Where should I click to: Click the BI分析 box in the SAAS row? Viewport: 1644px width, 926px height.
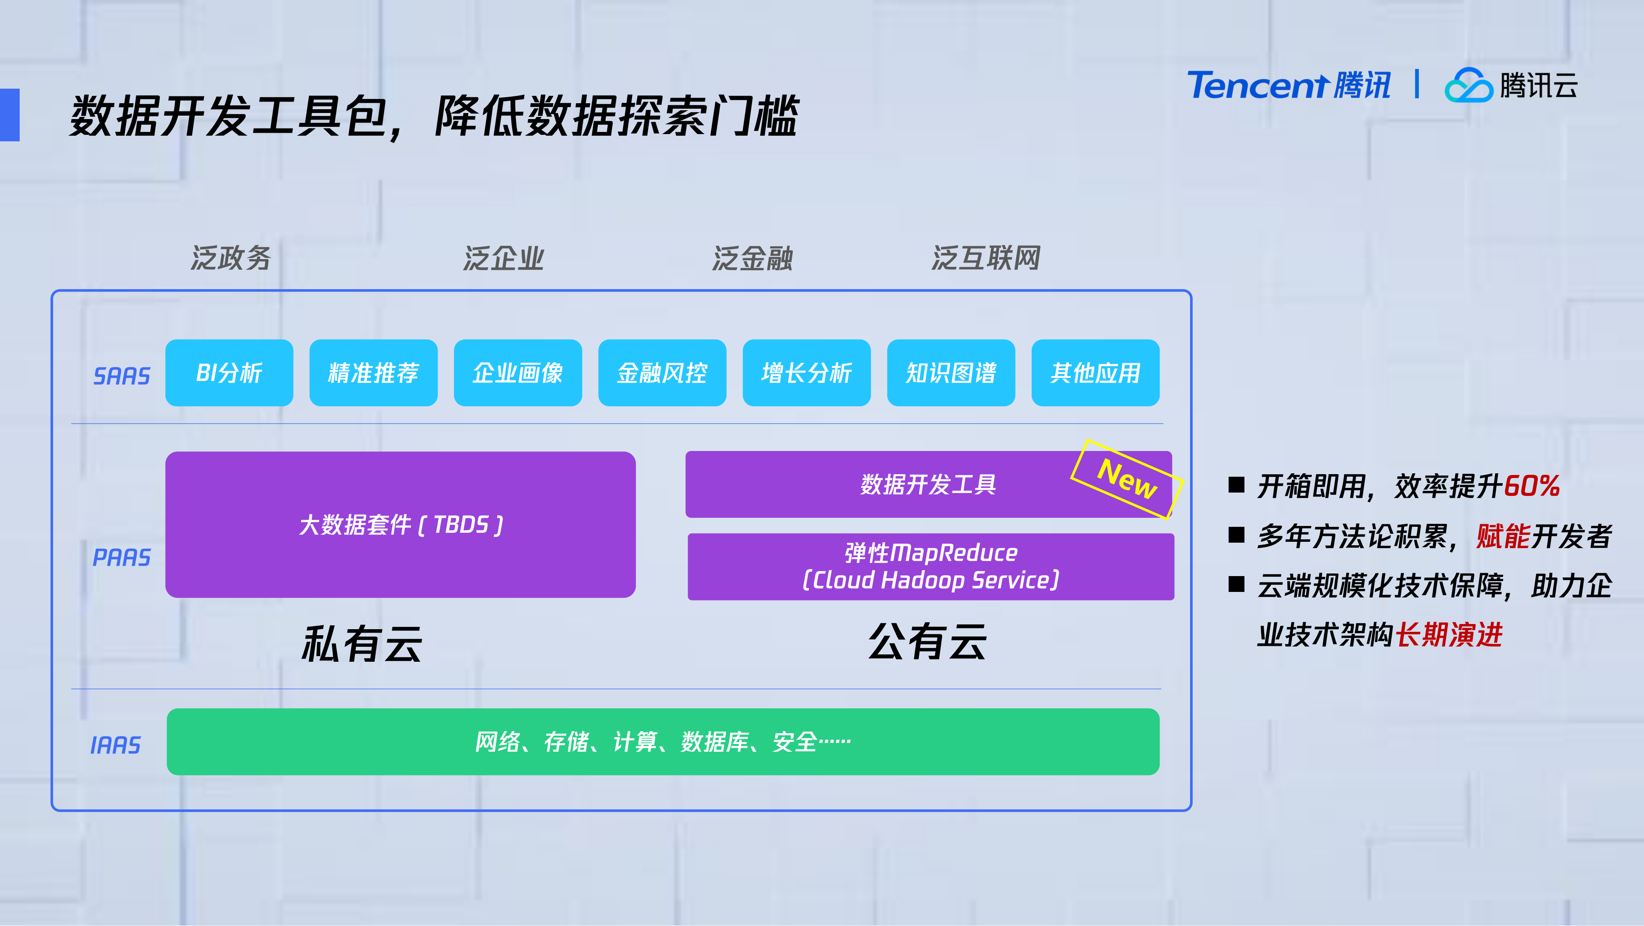(x=229, y=373)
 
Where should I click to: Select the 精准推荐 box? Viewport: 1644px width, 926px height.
(x=373, y=373)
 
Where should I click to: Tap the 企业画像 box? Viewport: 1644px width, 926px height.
(x=518, y=373)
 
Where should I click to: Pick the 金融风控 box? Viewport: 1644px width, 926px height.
(x=662, y=373)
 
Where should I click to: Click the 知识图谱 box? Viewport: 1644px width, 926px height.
(x=951, y=373)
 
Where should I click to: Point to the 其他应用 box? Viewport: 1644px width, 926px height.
(x=1095, y=373)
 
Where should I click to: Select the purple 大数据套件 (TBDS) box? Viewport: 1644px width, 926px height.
(x=400, y=525)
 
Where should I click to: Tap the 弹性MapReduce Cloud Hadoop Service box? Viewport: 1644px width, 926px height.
(x=931, y=567)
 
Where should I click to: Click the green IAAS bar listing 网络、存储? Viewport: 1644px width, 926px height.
(x=662, y=741)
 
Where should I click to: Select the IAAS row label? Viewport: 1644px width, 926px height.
(x=116, y=745)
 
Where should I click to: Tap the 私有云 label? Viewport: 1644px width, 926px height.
(x=362, y=643)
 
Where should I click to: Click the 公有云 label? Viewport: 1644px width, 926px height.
(x=927, y=641)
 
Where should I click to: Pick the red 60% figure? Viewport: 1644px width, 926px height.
(x=1532, y=486)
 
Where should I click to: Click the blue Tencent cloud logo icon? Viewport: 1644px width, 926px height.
(x=1468, y=86)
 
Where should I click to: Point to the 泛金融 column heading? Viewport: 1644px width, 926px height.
(x=752, y=258)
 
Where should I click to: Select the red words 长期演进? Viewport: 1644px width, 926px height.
(x=1449, y=635)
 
